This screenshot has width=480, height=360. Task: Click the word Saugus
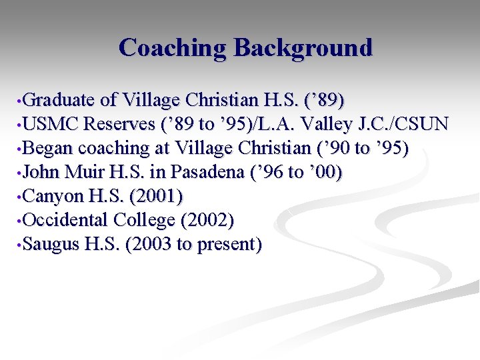51,245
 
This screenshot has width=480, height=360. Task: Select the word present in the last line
228,245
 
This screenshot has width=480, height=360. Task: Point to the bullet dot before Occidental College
20,221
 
